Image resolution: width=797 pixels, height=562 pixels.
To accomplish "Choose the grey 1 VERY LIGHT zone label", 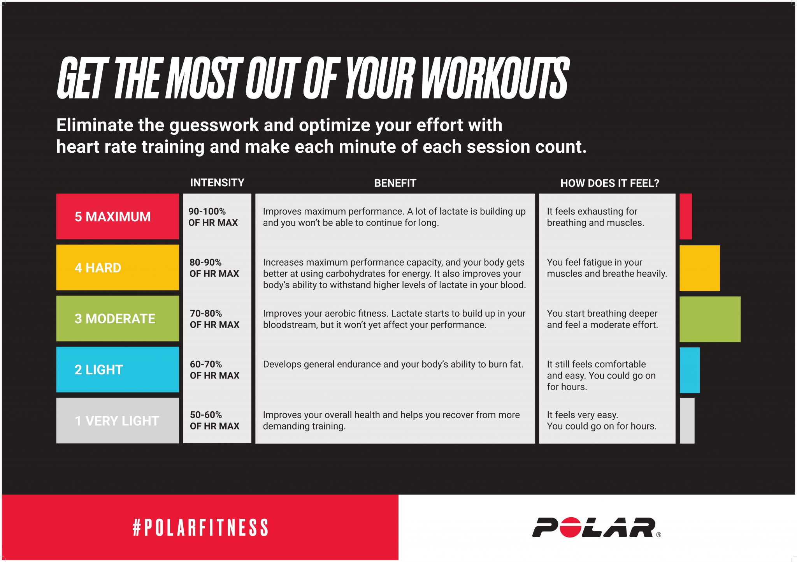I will click(x=117, y=421).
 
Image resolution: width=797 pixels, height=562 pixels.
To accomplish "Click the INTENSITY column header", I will click(x=217, y=183).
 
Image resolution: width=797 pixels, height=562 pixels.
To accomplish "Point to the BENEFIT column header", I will click(x=395, y=183).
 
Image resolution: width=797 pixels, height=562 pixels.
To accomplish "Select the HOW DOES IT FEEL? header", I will click(x=609, y=183).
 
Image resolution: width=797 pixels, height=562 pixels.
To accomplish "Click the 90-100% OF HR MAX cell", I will click(x=213, y=217).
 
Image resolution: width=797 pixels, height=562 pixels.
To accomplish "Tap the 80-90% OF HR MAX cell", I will click(x=214, y=268).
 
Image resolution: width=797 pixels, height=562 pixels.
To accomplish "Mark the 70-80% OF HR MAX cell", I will click(x=214, y=319).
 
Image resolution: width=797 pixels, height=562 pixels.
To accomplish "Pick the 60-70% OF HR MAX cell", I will click(x=214, y=370).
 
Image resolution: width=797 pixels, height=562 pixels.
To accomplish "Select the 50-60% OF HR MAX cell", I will click(x=214, y=421).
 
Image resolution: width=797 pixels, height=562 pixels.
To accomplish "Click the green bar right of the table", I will click(x=710, y=319).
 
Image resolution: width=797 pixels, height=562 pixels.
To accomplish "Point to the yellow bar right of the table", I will click(x=699, y=268).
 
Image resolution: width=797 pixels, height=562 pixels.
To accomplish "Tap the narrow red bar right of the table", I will click(x=686, y=217).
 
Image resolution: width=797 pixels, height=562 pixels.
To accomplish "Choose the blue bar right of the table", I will click(x=690, y=370).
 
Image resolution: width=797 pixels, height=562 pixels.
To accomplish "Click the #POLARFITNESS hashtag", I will click(x=200, y=528).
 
